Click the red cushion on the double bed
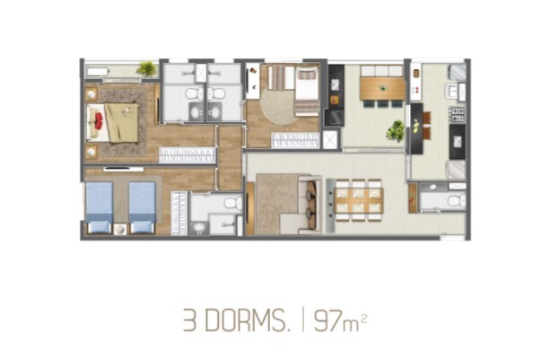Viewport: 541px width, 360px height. [99, 121]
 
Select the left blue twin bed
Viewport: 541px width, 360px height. [100, 207]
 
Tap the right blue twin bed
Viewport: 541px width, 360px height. [142, 207]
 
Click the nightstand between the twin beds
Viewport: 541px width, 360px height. [120, 229]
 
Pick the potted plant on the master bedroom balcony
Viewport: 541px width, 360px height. [147, 68]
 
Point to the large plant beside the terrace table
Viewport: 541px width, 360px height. [396, 131]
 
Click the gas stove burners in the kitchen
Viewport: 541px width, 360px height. [458, 114]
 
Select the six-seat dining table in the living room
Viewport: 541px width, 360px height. [359, 200]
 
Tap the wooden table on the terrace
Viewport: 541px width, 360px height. [382, 88]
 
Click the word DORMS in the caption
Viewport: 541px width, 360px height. [249, 320]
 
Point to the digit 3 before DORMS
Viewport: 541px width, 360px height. [190, 320]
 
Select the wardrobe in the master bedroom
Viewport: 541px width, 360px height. [187, 155]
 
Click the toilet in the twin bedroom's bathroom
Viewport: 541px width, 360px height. [233, 203]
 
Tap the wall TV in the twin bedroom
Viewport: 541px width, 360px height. [123, 169]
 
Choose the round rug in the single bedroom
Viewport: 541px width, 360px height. [279, 106]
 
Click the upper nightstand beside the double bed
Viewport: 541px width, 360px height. [92, 94]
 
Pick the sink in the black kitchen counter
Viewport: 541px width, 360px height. [458, 141]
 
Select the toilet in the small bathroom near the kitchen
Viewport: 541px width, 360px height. [457, 200]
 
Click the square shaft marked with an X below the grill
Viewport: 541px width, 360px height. [330, 140]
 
